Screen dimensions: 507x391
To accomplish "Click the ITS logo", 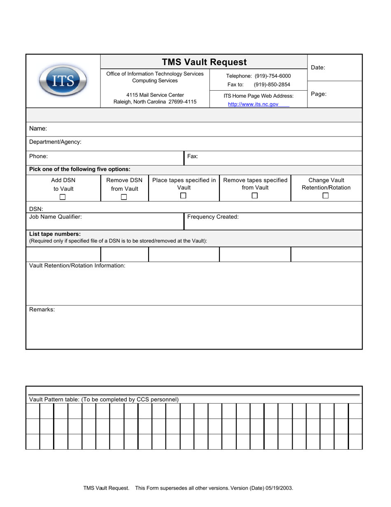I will [x=63, y=81].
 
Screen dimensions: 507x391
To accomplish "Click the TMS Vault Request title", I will [x=204, y=62].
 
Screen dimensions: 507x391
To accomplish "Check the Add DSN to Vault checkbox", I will [x=63, y=197].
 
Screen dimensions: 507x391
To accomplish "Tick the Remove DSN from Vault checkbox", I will [x=124, y=197].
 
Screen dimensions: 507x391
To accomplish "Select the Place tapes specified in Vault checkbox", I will [x=184, y=196].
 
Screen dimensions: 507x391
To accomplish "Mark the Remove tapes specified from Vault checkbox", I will [x=255, y=196].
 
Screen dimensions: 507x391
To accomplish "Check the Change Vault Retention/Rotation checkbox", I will [x=326, y=196].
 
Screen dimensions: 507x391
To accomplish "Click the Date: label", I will [x=318, y=68].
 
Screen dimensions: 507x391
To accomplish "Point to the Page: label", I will [x=319, y=94].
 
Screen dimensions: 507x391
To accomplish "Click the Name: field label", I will [x=38, y=129].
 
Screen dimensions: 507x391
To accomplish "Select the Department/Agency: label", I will [x=55, y=142].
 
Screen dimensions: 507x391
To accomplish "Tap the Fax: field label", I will [x=193, y=157].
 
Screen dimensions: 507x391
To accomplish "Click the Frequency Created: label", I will [x=213, y=217].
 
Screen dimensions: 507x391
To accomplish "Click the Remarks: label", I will [x=42, y=310].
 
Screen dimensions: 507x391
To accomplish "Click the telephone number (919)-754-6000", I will [x=272, y=76].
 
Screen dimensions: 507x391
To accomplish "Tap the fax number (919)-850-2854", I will [x=272, y=84].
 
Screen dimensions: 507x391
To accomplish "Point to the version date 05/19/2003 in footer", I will [x=280, y=488].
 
